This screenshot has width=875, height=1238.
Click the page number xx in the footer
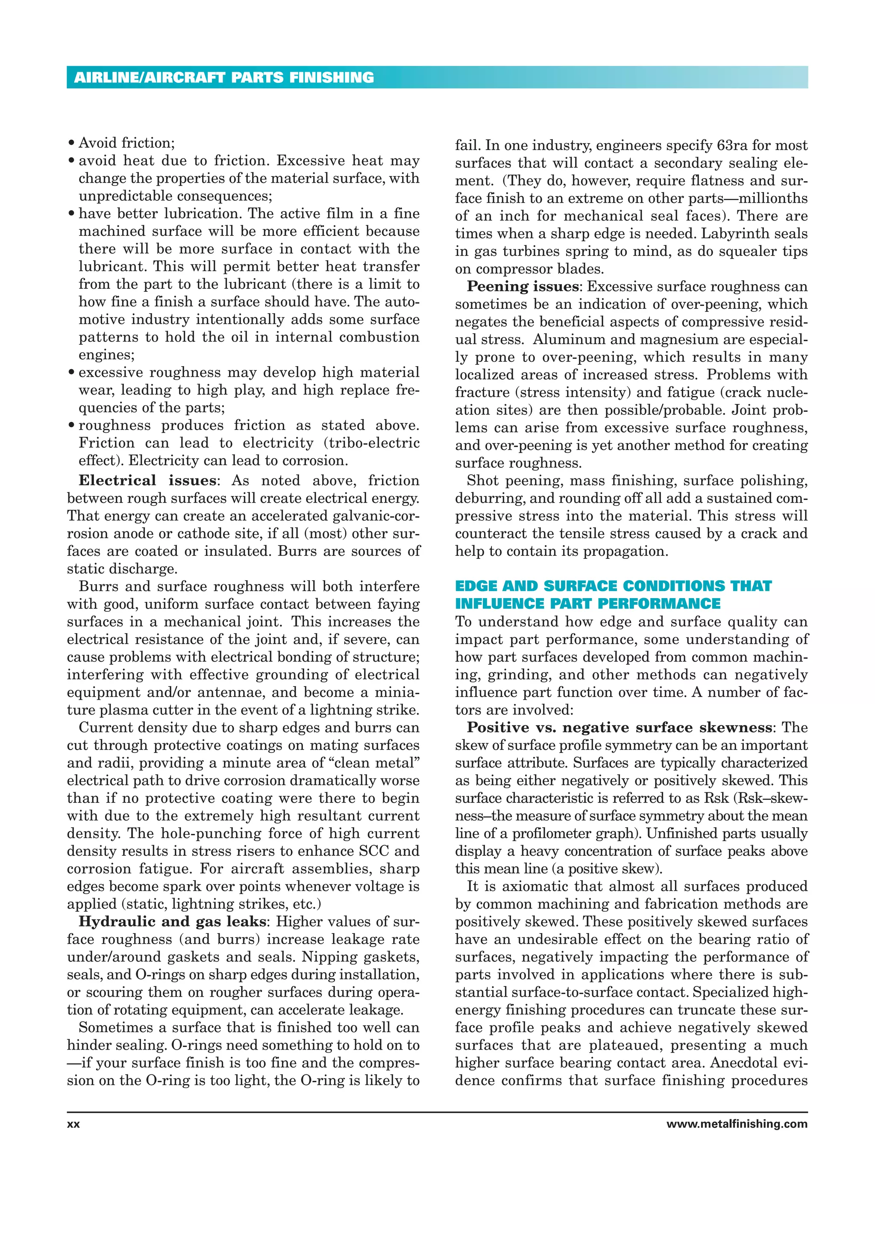coord(73,1124)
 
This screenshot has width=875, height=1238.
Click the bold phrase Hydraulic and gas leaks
coord(172,921)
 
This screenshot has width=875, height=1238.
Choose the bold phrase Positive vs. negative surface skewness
coord(619,728)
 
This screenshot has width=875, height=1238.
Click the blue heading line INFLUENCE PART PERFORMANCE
coord(587,603)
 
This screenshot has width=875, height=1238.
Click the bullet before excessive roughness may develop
coord(71,373)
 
